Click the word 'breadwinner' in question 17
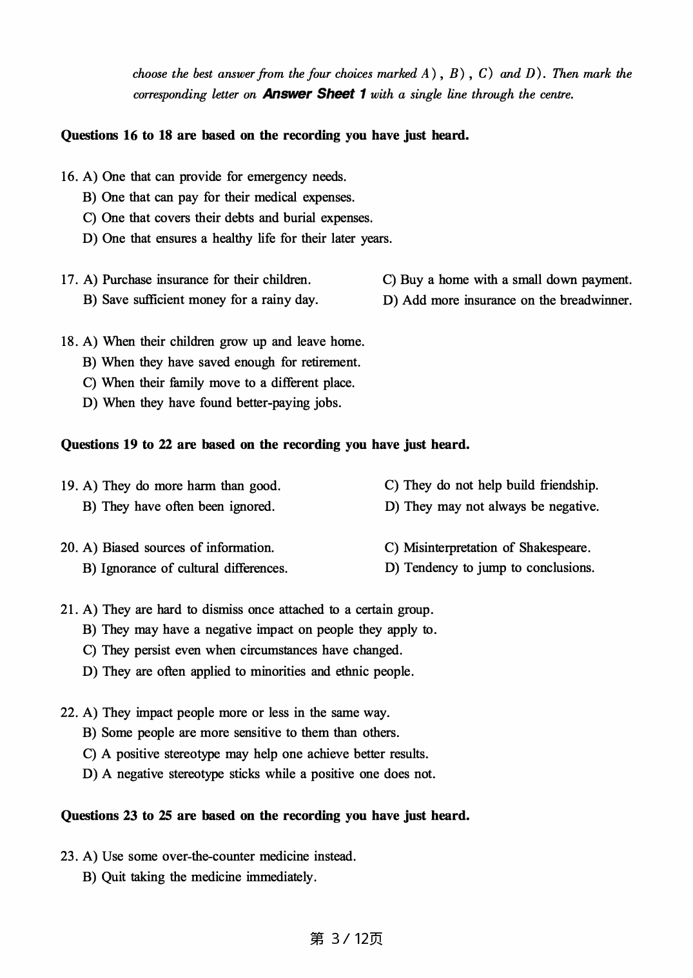coord(595,300)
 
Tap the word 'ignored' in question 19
coord(251,506)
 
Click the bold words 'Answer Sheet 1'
coord(315,94)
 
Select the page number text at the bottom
coord(346,939)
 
